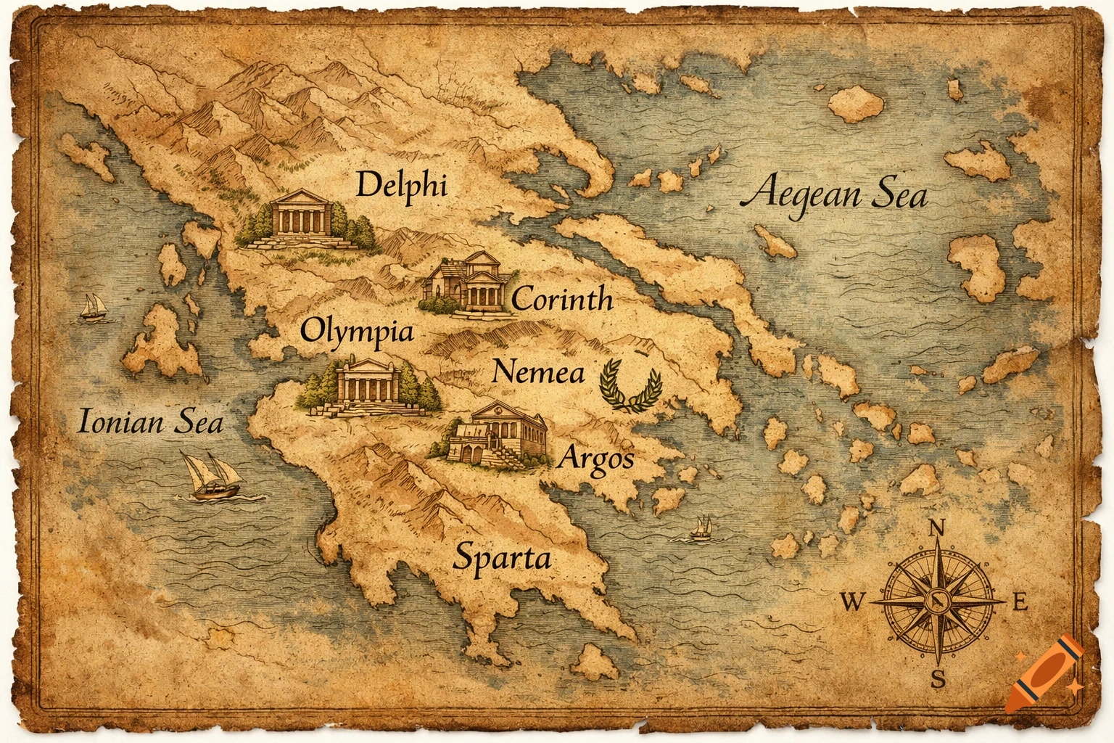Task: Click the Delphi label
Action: coord(401,186)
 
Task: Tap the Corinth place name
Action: coord(562,298)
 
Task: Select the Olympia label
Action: coord(357,332)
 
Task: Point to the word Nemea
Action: coord(537,372)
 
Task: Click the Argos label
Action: coord(597,459)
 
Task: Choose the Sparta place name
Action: coord(502,558)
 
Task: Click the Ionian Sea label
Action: coord(149,422)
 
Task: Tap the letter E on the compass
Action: coord(1019,602)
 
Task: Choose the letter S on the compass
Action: coord(938,679)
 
